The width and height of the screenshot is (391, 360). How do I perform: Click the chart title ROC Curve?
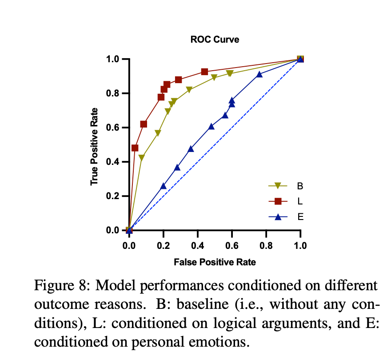[x=215, y=40]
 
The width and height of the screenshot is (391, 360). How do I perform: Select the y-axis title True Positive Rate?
[x=94, y=147]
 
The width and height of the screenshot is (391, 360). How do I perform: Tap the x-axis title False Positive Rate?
[x=215, y=262]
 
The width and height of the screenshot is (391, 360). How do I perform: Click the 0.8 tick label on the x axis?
[x=266, y=245]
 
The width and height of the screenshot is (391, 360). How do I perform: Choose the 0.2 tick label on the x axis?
[x=163, y=245]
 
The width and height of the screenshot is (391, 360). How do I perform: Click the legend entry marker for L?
[x=278, y=201]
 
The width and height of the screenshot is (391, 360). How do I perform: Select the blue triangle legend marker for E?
[x=278, y=217]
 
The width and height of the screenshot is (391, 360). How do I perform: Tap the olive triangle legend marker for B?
[x=278, y=186]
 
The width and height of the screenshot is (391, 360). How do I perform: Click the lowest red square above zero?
[x=135, y=148]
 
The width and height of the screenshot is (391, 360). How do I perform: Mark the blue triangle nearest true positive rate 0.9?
[x=259, y=74]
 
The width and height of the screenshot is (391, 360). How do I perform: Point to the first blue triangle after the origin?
[x=163, y=186]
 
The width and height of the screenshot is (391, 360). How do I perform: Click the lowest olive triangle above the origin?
[x=141, y=158]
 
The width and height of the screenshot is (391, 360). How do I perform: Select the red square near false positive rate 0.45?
[x=204, y=72]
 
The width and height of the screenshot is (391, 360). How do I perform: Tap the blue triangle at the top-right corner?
[x=300, y=59]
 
